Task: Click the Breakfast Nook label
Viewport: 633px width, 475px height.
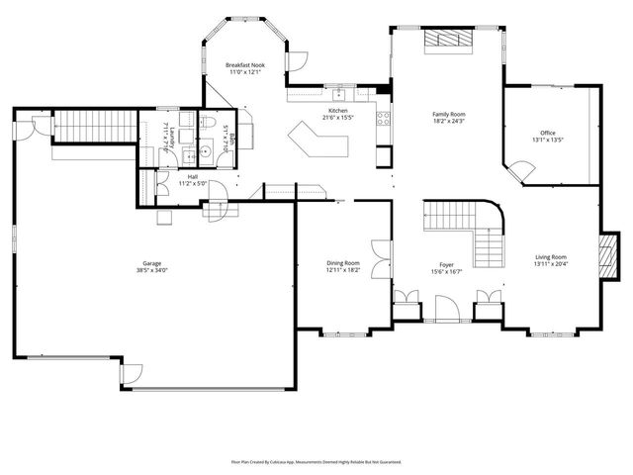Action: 243,64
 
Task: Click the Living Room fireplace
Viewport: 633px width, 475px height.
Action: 610,254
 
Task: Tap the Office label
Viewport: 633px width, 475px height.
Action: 547,133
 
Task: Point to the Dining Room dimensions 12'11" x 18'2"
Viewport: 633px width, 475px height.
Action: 343,270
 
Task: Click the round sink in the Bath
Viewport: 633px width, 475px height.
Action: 207,151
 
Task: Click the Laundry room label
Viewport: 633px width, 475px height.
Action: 172,138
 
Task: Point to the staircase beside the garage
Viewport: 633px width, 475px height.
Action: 92,126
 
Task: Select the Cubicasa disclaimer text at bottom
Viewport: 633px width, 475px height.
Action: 316,461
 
